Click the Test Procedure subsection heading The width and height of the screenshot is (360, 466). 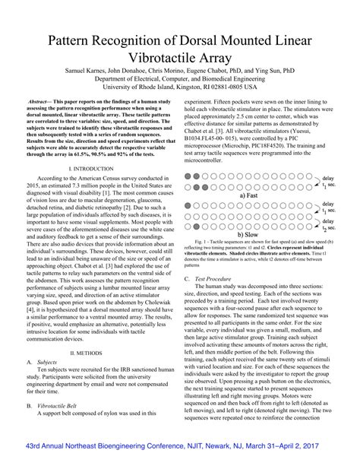pyautogui.click(x=220, y=279)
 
